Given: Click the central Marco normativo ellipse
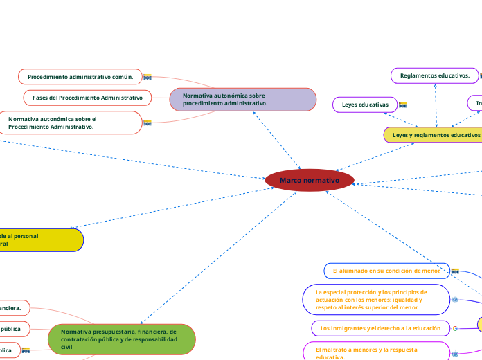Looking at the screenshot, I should (310, 180).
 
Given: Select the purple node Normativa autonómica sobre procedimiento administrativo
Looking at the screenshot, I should (242, 99).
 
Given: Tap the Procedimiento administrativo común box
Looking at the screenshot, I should (80, 76).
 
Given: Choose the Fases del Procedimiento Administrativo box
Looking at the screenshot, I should (87, 98).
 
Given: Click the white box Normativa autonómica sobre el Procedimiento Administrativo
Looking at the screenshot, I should (69, 123).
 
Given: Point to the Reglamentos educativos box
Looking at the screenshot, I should (435, 75).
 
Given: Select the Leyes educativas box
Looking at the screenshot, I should (365, 105).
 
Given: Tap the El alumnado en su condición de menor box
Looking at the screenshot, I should (386, 270).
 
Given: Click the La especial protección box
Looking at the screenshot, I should (375, 300).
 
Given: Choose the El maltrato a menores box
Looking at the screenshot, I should (375, 352).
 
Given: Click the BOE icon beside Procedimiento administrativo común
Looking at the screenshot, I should (147, 77).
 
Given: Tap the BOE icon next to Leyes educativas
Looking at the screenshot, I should (402, 105).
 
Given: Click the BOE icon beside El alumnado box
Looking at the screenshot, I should (455, 271).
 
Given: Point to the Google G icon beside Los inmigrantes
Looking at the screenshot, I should (455, 327).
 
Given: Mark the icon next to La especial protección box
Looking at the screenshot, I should (455, 300).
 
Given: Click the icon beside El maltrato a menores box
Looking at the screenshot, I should (455, 354).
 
